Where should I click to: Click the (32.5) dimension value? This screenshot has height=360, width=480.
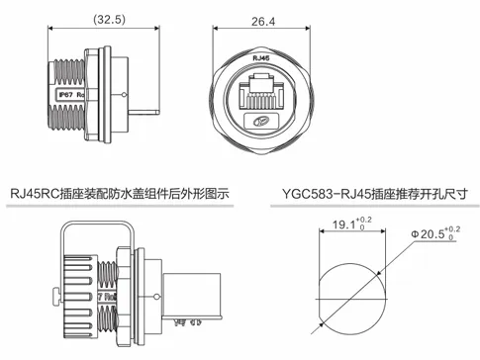click(x=109, y=19)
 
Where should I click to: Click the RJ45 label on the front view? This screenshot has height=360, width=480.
click(x=262, y=60)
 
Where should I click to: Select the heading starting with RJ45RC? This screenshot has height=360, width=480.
click(x=119, y=192)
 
